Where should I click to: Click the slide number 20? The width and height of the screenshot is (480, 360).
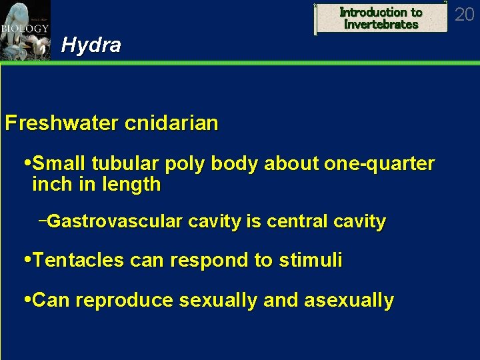pyautogui.click(x=464, y=14)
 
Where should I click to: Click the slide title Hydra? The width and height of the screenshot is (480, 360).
pyautogui.click(x=91, y=45)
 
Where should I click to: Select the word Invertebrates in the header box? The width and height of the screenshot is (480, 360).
pyautogui.click(x=381, y=25)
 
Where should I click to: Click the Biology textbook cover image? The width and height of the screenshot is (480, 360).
pyautogui.click(x=25, y=30)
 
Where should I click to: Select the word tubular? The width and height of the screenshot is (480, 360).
pyautogui.click(x=123, y=164)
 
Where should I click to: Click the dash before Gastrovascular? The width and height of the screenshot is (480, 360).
pyautogui.click(x=43, y=220)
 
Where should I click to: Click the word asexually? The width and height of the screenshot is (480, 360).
pyautogui.click(x=349, y=301)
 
